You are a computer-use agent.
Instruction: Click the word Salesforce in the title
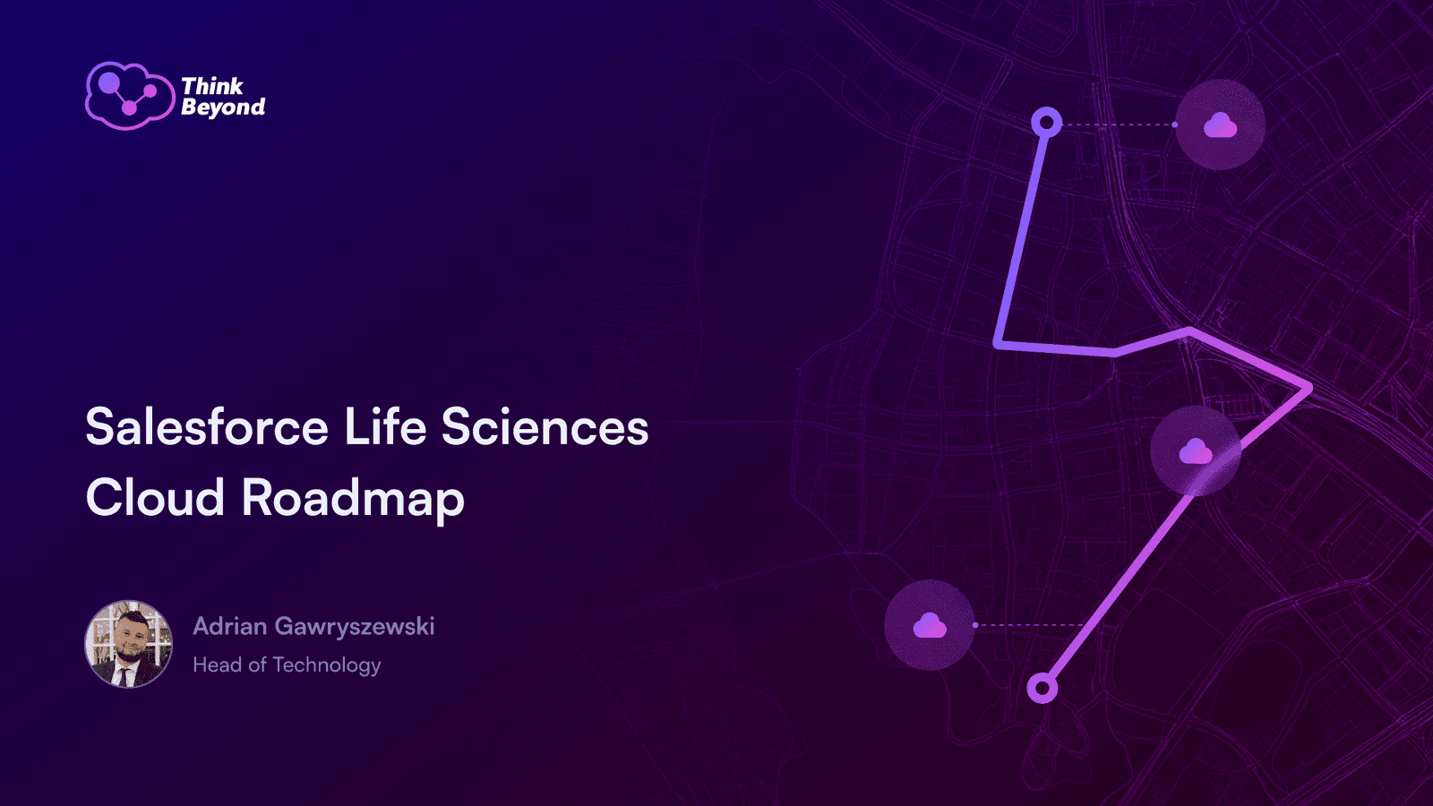(x=208, y=426)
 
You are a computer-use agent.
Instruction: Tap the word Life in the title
(x=385, y=426)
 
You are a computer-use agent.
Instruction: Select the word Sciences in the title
(x=545, y=426)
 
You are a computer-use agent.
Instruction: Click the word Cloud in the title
(x=155, y=497)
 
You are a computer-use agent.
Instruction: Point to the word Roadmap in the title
(x=353, y=500)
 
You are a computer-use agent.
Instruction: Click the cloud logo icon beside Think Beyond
(x=130, y=96)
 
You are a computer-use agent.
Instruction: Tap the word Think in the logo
(x=212, y=86)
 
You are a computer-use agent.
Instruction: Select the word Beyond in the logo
(x=223, y=107)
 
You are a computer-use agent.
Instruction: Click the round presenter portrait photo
(x=129, y=644)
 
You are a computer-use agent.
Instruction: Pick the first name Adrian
(x=230, y=626)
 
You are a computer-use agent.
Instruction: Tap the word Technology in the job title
(x=327, y=666)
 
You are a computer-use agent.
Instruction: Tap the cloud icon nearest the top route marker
(x=1220, y=124)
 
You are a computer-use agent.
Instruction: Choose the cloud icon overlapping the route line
(x=1196, y=451)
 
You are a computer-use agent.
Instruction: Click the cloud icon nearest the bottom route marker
(x=930, y=625)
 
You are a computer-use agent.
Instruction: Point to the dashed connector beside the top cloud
(x=1119, y=124)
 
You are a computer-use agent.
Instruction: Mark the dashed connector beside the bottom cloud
(x=1030, y=625)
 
